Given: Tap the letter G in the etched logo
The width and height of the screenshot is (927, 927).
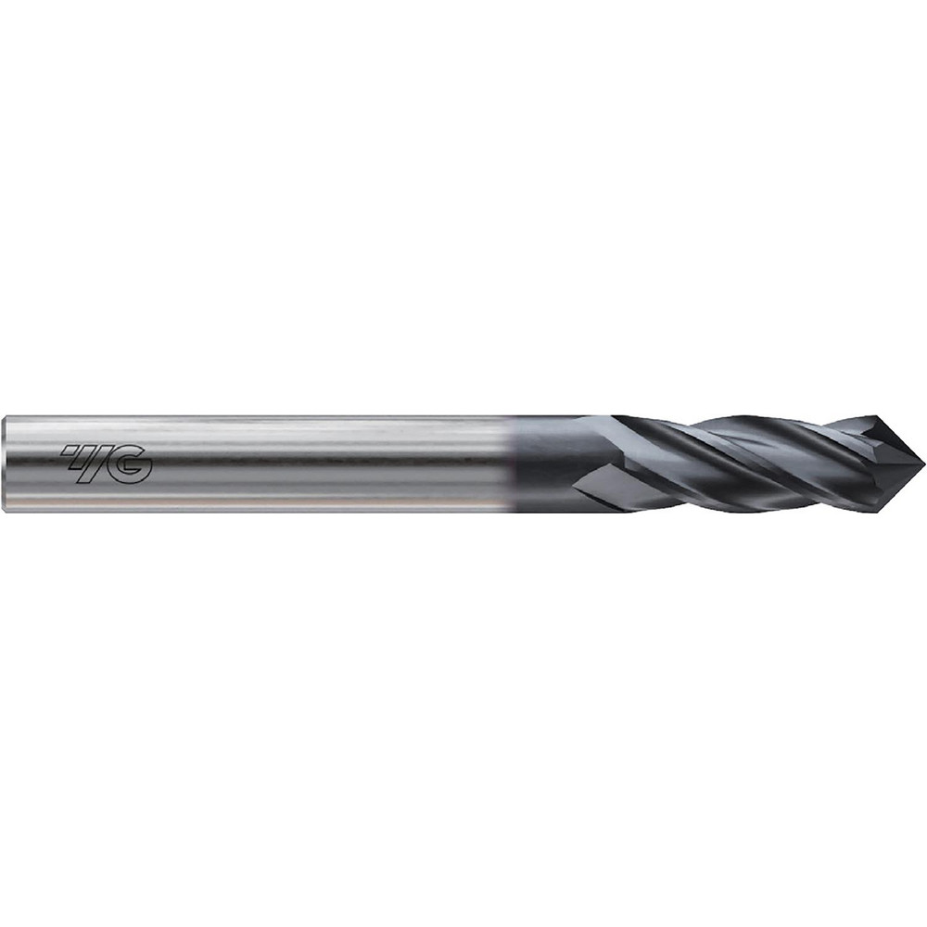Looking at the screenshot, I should (133, 465).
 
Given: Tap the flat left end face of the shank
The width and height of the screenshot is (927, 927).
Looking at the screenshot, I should (5, 463).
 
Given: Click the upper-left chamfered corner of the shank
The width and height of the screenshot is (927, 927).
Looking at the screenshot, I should (6, 420).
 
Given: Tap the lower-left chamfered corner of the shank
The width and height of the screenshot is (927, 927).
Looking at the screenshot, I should (6, 506).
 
